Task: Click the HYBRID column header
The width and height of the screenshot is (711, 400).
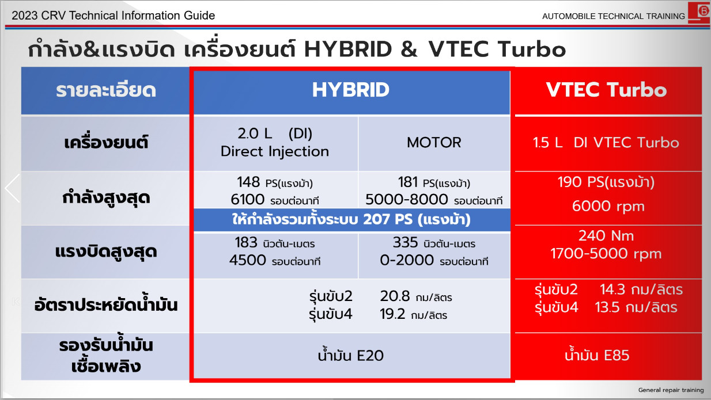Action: pyautogui.click(x=351, y=90)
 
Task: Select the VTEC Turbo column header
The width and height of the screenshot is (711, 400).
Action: pyautogui.click(x=606, y=90)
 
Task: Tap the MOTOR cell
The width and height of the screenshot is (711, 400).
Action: pyautogui.click(x=434, y=143)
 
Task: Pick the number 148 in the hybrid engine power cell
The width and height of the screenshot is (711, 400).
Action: pyautogui.click(x=248, y=182)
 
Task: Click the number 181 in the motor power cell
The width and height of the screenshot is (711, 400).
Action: pyautogui.click(x=408, y=182)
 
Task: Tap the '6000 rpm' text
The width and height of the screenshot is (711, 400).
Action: pyautogui.click(x=608, y=206)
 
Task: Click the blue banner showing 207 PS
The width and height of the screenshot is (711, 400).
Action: pyautogui.click(x=351, y=219)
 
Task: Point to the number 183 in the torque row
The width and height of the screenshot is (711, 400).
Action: pyautogui.click(x=245, y=242)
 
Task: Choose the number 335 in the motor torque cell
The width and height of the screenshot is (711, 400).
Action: pyautogui.click(x=405, y=242)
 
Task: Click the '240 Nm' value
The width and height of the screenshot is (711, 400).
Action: pyautogui.click(x=606, y=236)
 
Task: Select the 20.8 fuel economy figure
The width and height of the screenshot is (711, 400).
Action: pyautogui.click(x=395, y=296)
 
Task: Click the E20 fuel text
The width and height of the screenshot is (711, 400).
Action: pyautogui.click(x=370, y=356)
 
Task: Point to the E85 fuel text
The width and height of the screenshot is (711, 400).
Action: pyautogui.click(x=617, y=355)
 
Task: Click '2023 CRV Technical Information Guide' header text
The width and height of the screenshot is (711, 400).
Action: pyautogui.click(x=114, y=15)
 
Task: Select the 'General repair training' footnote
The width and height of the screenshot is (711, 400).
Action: pyautogui.click(x=671, y=390)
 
